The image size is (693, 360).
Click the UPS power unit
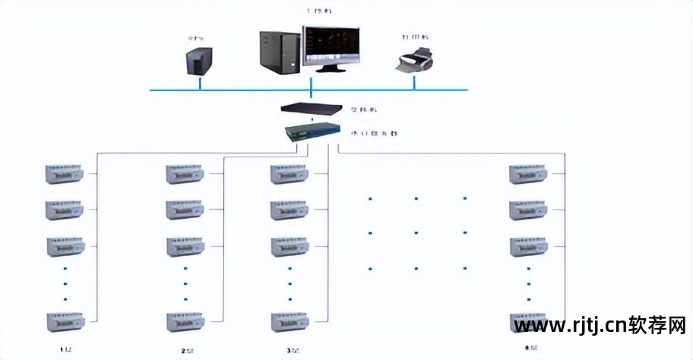199,62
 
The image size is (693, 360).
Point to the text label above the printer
415,36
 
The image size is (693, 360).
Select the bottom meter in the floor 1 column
65,321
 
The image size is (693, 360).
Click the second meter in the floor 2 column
185,210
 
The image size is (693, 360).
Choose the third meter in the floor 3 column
290,247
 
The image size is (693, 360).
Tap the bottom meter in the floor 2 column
185,321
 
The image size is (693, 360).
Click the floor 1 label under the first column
65,350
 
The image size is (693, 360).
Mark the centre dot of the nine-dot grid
416,233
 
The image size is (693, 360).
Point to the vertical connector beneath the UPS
200,83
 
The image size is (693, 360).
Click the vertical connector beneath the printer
415,82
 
